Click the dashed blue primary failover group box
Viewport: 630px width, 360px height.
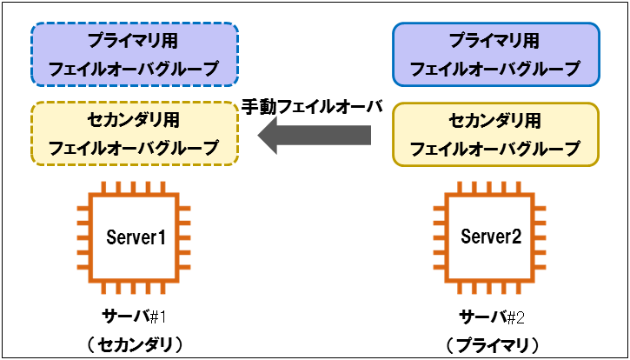(x=135, y=54)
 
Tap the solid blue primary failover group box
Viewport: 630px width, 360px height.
(x=495, y=54)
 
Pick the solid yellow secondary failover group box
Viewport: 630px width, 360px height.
(x=495, y=134)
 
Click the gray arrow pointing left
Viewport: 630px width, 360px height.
(x=316, y=136)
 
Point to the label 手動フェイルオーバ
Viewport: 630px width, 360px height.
(x=312, y=106)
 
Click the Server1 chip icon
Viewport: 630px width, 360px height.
(x=135, y=237)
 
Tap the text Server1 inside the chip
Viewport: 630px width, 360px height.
(x=135, y=237)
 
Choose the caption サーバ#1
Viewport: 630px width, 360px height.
(x=135, y=315)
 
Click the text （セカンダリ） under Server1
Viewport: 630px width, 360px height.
(x=135, y=343)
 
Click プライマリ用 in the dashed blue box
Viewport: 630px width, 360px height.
(x=135, y=40)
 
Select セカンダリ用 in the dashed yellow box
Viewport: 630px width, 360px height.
(x=135, y=119)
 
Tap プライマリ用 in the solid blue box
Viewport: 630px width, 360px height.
(x=495, y=40)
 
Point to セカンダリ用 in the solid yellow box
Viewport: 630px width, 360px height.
(x=495, y=120)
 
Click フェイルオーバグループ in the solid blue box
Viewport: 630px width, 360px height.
(x=495, y=68)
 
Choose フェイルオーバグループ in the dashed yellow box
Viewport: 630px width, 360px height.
(x=135, y=148)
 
